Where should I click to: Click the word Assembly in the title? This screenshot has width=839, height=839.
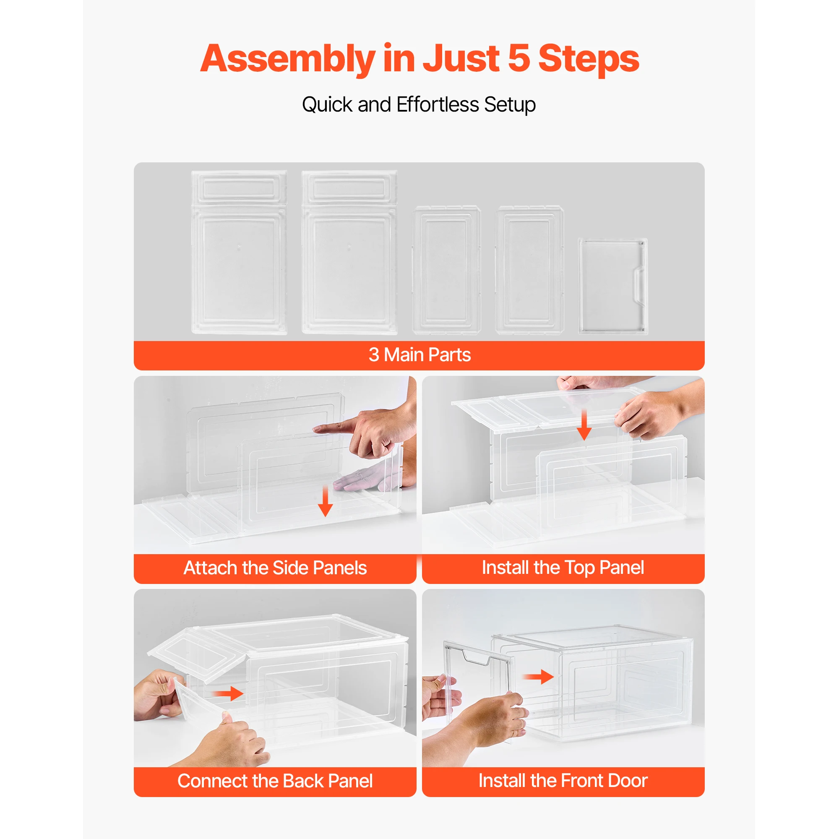click(x=287, y=59)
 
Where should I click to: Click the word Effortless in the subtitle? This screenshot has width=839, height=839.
click(x=438, y=104)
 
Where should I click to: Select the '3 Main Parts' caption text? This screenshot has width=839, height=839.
click(x=419, y=355)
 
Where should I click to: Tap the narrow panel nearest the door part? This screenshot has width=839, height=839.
click(x=529, y=270)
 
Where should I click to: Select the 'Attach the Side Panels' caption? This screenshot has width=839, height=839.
click(x=275, y=568)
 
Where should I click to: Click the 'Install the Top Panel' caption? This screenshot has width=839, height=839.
click(x=563, y=568)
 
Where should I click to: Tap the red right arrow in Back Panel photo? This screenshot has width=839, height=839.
click(x=229, y=693)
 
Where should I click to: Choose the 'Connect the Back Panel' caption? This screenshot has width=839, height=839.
click(x=275, y=781)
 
